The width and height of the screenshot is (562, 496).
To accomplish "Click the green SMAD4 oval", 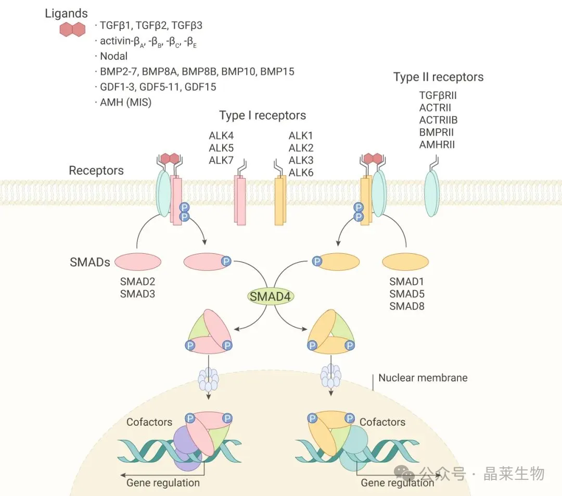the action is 270,296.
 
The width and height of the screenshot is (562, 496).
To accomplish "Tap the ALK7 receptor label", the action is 221,160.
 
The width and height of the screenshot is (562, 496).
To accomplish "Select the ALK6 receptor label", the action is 301,172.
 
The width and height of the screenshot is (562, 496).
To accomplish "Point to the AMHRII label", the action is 437,145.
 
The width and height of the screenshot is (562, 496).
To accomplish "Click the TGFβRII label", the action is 438,95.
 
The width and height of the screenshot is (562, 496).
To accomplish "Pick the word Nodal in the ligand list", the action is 113,56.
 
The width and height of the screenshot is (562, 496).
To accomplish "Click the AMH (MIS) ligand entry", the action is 125,102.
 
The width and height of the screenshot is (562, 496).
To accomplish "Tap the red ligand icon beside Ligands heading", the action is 72,29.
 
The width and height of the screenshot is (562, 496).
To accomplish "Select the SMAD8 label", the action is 407,306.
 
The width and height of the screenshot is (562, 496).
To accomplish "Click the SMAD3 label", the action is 137,294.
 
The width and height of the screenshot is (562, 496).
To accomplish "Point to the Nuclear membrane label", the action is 423,378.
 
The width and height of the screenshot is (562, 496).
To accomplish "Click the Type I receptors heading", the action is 262,115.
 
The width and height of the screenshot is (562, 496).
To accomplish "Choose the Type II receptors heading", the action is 438,77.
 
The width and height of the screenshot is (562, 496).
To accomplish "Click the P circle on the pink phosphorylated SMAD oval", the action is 226,261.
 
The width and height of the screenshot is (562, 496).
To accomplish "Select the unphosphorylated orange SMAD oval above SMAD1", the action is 405,262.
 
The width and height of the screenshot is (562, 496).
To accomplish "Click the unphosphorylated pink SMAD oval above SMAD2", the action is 138,262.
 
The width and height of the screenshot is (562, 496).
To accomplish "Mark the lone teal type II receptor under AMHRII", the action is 432,193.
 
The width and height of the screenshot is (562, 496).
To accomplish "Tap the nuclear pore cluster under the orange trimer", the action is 331,376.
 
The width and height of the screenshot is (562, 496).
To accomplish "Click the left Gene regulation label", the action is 163,483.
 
